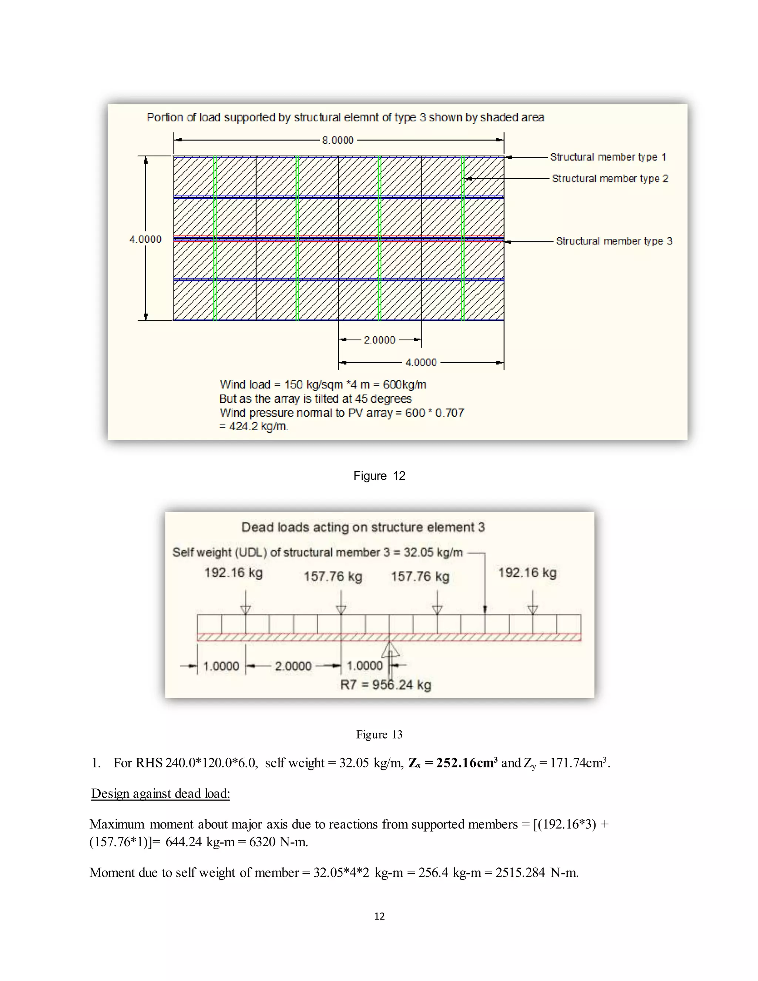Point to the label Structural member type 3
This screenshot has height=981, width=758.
coord(614,241)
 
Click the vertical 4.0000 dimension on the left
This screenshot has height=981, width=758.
coord(145,240)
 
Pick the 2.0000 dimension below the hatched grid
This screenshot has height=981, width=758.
coord(379,340)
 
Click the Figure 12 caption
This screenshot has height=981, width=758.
coord(379,476)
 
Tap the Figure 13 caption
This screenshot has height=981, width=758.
coord(379,735)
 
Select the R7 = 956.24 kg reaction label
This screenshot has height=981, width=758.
coord(385,685)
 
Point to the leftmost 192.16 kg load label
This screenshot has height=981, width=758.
coord(234,573)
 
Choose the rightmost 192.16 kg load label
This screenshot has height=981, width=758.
coord(527,573)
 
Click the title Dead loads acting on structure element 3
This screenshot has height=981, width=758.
coord(363,527)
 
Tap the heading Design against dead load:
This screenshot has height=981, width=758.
coord(160,794)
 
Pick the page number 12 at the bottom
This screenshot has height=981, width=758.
coord(379,916)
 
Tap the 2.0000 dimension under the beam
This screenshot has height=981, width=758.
coord(293,666)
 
